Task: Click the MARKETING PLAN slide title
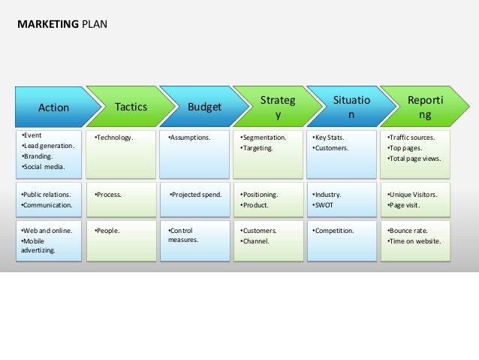(62, 24)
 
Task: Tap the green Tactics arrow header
(130, 107)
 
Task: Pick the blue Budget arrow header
(204, 107)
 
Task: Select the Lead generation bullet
(49, 146)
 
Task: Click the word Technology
(114, 138)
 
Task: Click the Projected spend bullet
(196, 194)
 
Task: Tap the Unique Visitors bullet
(412, 194)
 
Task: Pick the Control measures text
(183, 235)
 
